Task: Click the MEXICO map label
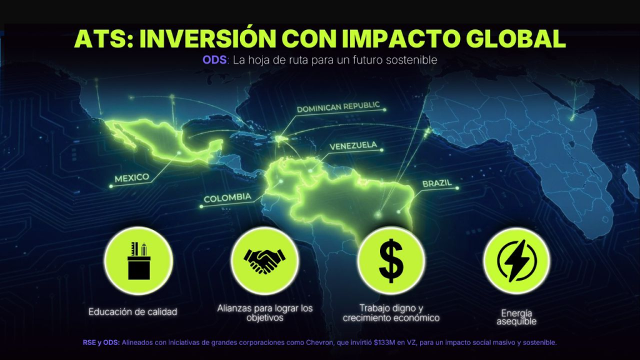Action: (132, 178)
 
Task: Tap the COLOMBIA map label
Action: (227, 198)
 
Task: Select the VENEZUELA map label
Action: (353, 146)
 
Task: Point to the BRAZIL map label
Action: (437, 183)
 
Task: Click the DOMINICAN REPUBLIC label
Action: (338, 107)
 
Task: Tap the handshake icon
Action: (264, 261)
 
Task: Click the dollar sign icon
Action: (391, 261)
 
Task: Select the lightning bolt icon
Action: (517, 261)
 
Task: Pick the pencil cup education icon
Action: (139, 261)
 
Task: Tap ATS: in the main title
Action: (104, 39)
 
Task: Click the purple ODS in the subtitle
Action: (214, 60)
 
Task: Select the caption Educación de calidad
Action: (133, 312)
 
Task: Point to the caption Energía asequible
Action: (516, 317)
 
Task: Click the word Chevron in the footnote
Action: (319, 342)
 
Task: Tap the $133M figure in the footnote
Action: (384, 342)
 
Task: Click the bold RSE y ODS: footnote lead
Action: (101, 342)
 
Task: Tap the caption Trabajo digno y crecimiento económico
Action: (391, 313)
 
